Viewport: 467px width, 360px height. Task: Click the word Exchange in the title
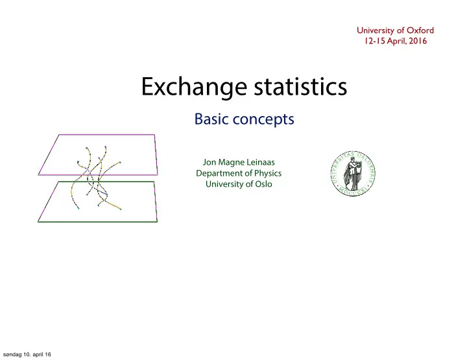coord(194,87)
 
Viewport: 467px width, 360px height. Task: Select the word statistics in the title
coord(300,86)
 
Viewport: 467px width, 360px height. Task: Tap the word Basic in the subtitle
coord(211,119)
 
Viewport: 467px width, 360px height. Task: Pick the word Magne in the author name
coord(229,163)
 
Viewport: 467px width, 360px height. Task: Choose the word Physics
coord(268,174)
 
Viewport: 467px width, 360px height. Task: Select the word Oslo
coord(263,184)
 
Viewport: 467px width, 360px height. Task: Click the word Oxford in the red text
coord(420,30)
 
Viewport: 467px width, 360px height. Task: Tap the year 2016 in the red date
coord(418,41)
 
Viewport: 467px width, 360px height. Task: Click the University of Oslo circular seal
coord(353,174)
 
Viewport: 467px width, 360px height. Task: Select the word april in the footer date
coord(38,355)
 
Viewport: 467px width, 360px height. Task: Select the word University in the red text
coord(376,30)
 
